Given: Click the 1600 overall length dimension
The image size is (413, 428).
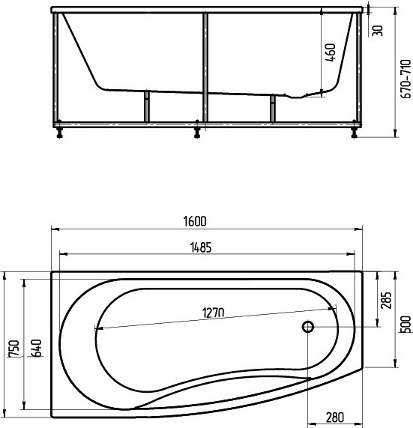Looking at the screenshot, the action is point(195,221).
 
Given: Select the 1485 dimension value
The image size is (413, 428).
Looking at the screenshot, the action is point(201,247).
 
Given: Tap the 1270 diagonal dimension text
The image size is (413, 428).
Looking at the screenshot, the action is point(213,313).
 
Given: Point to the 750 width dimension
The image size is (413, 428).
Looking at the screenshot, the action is point(14,349).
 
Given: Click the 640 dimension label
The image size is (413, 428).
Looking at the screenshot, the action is point(36,348).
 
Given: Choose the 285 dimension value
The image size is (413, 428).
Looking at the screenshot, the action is point(386,301).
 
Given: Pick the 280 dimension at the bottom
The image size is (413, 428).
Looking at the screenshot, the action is point(334,418).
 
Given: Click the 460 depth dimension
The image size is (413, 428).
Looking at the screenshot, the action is point(330,52).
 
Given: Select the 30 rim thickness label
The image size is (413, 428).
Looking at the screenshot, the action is point(378,31).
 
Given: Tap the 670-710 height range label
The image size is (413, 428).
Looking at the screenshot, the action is point(406,79).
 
